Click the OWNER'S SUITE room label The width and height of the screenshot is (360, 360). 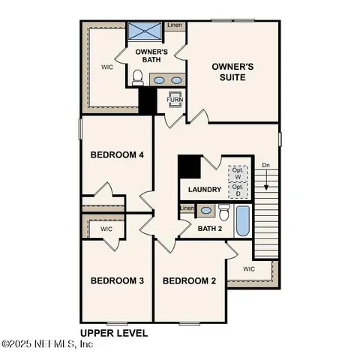click(232, 72)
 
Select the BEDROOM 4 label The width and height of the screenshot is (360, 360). click(117, 155)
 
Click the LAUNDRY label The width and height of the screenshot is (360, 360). click(204, 189)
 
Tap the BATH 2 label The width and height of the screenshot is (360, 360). click(210, 229)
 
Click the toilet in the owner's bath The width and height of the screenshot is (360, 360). click(138, 77)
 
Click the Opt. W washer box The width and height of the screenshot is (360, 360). click(238, 172)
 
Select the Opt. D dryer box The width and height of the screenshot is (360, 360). click(238, 190)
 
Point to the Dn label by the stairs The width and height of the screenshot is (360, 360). click(265, 166)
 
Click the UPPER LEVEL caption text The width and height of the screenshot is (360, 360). click(114, 331)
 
